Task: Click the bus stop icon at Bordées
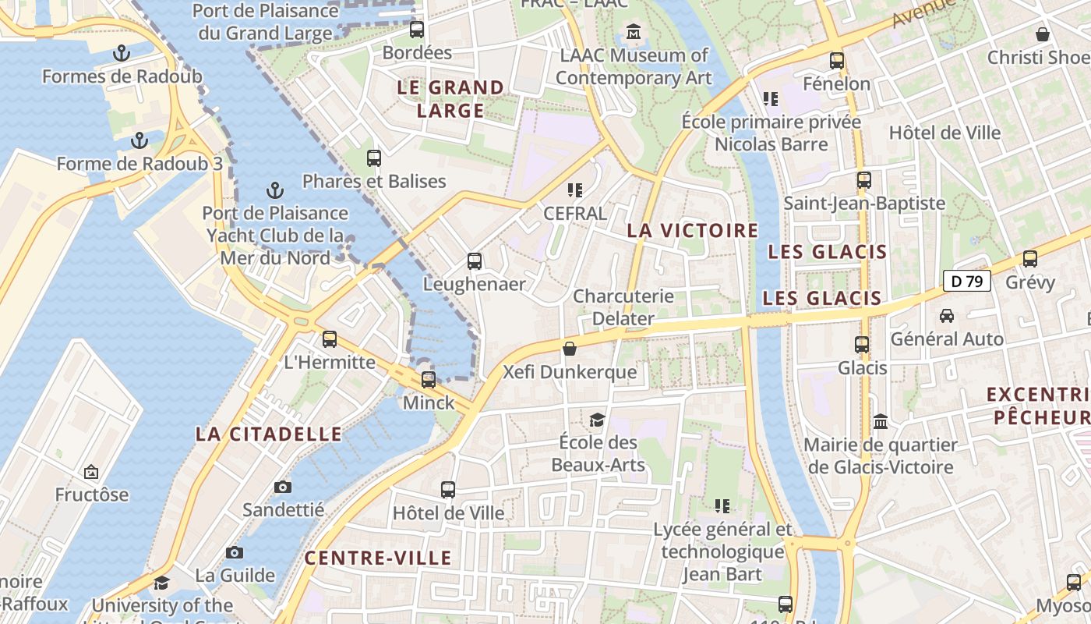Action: pyautogui.click(x=417, y=30)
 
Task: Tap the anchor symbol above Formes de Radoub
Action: pyautogui.click(x=122, y=53)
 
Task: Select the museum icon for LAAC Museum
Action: pyautogui.click(x=634, y=33)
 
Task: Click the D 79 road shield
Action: pyautogui.click(x=966, y=281)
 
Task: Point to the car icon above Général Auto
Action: pyautogui.click(x=947, y=316)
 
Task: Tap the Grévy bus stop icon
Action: pyautogui.click(x=1030, y=259)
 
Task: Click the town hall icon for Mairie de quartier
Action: pyautogui.click(x=881, y=421)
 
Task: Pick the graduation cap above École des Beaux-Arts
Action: pyautogui.click(x=597, y=420)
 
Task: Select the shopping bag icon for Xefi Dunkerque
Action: pyautogui.click(x=570, y=349)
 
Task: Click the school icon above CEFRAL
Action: pyautogui.click(x=575, y=190)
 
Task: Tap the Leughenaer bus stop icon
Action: pyautogui.click(x=474, y=261)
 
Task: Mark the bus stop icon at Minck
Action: pyautogui.click(x=429, y=380)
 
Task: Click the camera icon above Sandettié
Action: pyautogui.click(x=282, y=487)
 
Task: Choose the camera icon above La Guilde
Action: pyautogui.click(x=235, y=552)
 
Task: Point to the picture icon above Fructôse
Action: pyautogui.click(x=91, y=472)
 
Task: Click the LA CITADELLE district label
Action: pyautogui.click(x=269, y=434)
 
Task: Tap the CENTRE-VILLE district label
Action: pyautogui.click(x=378, y=558)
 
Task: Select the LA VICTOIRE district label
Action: pyautogui.click(x=692, y=230)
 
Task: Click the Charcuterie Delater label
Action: pyautogui.click(x=623, y=307)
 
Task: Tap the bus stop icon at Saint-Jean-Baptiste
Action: pyautogui.click(x=863, y=180)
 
